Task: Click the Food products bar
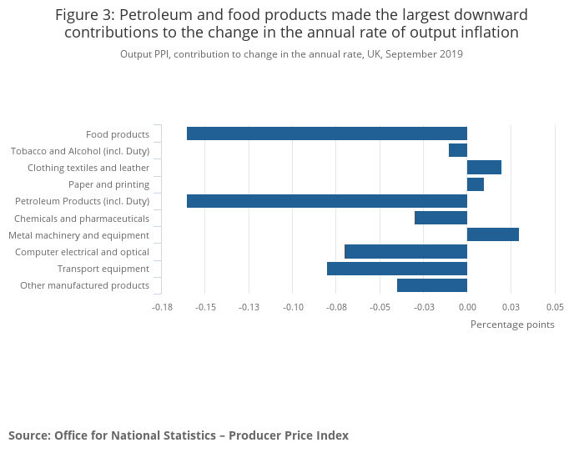tap(326, 133)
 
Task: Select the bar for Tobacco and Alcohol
tap(457, 150)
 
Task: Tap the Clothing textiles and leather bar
tap(484, 168)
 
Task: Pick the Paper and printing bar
tap(476, 184)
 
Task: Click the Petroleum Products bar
tap(326, 201)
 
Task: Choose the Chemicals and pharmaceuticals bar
tap(441, 218)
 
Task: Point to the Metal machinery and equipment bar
tap(493, 234)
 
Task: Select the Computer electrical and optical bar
tap(405, 251)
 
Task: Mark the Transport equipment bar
tap(396, 269)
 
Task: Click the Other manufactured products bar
tap(431, 285)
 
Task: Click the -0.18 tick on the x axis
tap(162, 307)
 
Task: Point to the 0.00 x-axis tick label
tap(467, 307)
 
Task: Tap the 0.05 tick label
tap(555, 307)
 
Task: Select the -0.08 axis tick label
tap(336, 307)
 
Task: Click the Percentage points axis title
tap(512, 325)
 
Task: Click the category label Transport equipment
tap(103, 269)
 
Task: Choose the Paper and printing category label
tap(108, 184)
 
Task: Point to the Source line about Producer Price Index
tap(179, 435)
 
